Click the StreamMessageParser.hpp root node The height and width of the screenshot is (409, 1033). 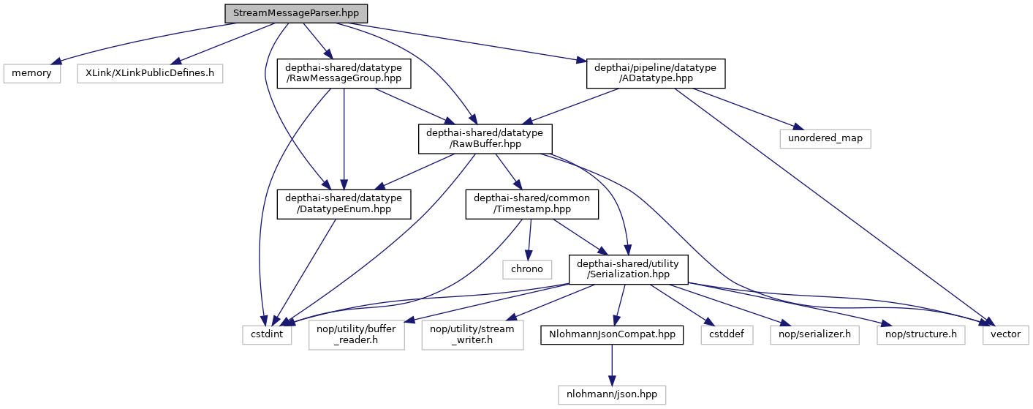pos(295,13)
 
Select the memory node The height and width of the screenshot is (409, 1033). pos(32,73)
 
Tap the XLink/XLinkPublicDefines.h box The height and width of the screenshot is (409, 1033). pos(150,73)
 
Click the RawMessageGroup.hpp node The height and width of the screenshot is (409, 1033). pos(344,73)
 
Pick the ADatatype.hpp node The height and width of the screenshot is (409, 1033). pos(656,73)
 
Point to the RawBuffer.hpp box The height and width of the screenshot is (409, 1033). pos(485,138)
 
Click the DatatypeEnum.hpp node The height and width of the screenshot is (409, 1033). pos(344,203)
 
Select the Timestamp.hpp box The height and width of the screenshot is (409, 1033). pos(532,203)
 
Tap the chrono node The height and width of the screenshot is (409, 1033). pos(526,269)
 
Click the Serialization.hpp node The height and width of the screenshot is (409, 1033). pos(629,269)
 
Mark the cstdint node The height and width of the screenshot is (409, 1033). pos(268,334)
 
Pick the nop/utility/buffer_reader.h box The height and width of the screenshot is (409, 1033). pos(357,334)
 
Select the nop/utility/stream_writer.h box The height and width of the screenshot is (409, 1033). pos(472,334)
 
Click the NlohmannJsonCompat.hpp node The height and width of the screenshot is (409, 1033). pos(612,334)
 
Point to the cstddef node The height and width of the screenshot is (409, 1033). pos(727,334)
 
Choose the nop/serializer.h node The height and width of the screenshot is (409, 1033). pos(814,334)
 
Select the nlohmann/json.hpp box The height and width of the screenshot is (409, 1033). pos(612,394)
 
